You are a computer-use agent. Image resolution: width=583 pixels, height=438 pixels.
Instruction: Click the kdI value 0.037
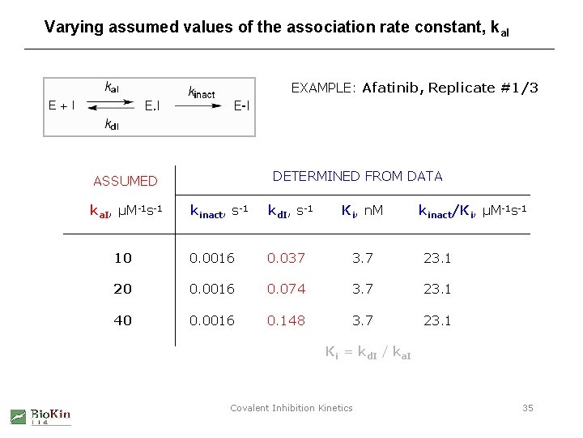(x=286, y=258)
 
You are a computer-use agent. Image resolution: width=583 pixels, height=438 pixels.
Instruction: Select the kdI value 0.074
(x=286, y=289)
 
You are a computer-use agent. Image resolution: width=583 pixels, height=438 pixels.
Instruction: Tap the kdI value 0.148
(x=286, y=320)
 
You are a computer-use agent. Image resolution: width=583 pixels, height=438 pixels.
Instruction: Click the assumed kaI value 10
(x=122, y=258)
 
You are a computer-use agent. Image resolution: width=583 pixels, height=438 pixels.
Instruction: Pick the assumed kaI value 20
(x=122, y=289)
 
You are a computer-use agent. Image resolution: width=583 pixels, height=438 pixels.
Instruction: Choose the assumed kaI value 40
(x=122, y=320)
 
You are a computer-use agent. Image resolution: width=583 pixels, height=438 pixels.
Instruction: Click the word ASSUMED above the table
(x=126, y=181)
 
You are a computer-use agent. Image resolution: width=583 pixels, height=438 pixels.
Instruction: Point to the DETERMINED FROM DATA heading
(x=357, y=176)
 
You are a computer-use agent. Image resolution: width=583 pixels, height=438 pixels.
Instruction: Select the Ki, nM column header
(x=362, y=212)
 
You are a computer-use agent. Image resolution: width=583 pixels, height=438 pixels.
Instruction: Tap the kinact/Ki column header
(x=472, y=212)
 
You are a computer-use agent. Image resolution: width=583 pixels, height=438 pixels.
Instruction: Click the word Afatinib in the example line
(x=391, y=88)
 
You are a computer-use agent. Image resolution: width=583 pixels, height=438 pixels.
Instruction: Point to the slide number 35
(x=527, y=408)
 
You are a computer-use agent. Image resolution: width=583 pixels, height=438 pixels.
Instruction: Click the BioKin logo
(x=40, y=416)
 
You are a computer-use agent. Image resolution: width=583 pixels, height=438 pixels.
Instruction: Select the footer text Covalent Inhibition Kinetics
(x=291, y=408)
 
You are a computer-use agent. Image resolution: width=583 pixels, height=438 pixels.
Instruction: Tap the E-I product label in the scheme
(x=241, y=105)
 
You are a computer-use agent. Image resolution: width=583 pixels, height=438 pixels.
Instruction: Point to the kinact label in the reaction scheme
(x=201, y=92)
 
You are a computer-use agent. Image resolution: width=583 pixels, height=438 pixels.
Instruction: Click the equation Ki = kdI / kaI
(x=367, y=353)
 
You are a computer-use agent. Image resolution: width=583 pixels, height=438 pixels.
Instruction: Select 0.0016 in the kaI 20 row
(x=212, y=289)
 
